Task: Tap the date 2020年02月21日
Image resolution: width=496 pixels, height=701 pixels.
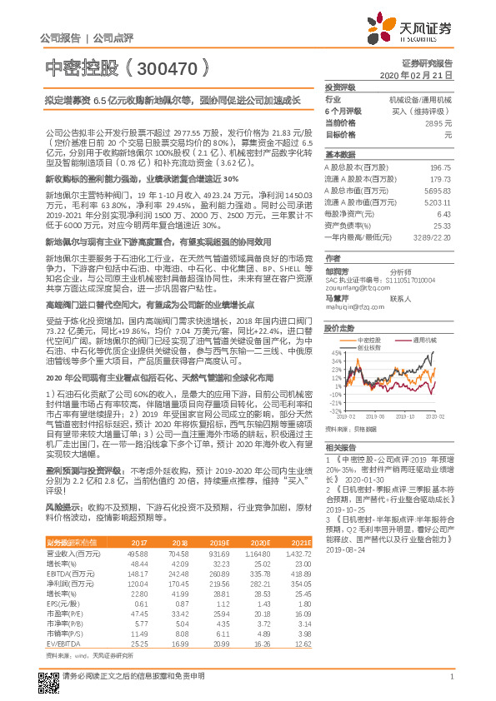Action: (421, 75)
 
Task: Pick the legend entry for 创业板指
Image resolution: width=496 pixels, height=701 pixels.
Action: (370, 347)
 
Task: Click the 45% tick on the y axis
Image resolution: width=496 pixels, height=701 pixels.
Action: (333, 352)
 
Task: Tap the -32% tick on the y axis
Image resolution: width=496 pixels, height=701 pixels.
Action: (332, 411)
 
